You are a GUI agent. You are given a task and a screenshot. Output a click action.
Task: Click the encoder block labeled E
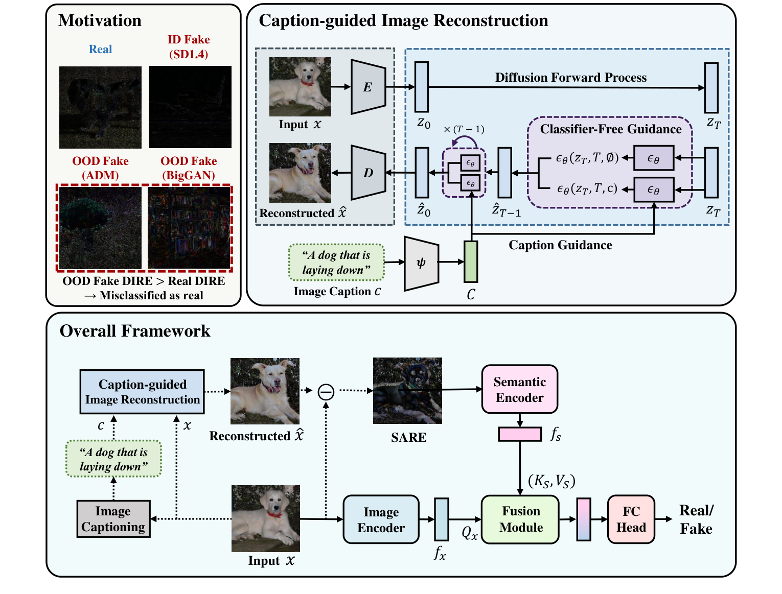[368, 87]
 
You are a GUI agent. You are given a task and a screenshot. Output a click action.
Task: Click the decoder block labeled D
[368, 173]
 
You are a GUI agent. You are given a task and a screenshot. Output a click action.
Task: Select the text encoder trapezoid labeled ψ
[421, 263]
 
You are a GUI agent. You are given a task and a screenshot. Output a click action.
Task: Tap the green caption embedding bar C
[471, 262]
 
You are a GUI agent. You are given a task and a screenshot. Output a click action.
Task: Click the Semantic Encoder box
[519, 389]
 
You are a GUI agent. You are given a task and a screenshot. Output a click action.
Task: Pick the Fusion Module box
[520, 519]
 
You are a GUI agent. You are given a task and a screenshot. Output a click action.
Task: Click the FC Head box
[631, 519]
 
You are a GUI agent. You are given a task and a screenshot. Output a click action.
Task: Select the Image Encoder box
[381, 519]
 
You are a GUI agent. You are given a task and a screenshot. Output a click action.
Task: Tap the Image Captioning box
[113, 519]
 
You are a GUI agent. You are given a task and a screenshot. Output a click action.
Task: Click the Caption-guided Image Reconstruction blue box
[142, 392]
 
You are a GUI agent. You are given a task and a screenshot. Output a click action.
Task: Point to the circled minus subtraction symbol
[326, 392]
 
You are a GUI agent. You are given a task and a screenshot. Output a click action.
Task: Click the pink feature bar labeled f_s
[520, 434]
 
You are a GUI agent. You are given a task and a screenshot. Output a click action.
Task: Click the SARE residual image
[407, 390]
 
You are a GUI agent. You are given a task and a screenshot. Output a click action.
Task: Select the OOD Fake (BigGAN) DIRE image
[189, 227]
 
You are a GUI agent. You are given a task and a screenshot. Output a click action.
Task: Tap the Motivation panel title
[100, 20]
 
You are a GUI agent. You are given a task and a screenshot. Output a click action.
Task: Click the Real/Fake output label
[696, 519]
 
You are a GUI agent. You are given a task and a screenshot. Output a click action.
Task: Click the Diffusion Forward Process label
[570, 78]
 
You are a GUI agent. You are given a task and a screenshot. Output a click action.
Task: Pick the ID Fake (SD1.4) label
[189, 46]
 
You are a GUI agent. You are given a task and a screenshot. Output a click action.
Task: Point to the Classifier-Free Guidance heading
[611, 129]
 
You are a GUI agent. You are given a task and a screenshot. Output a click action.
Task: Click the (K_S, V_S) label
[551, 481]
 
